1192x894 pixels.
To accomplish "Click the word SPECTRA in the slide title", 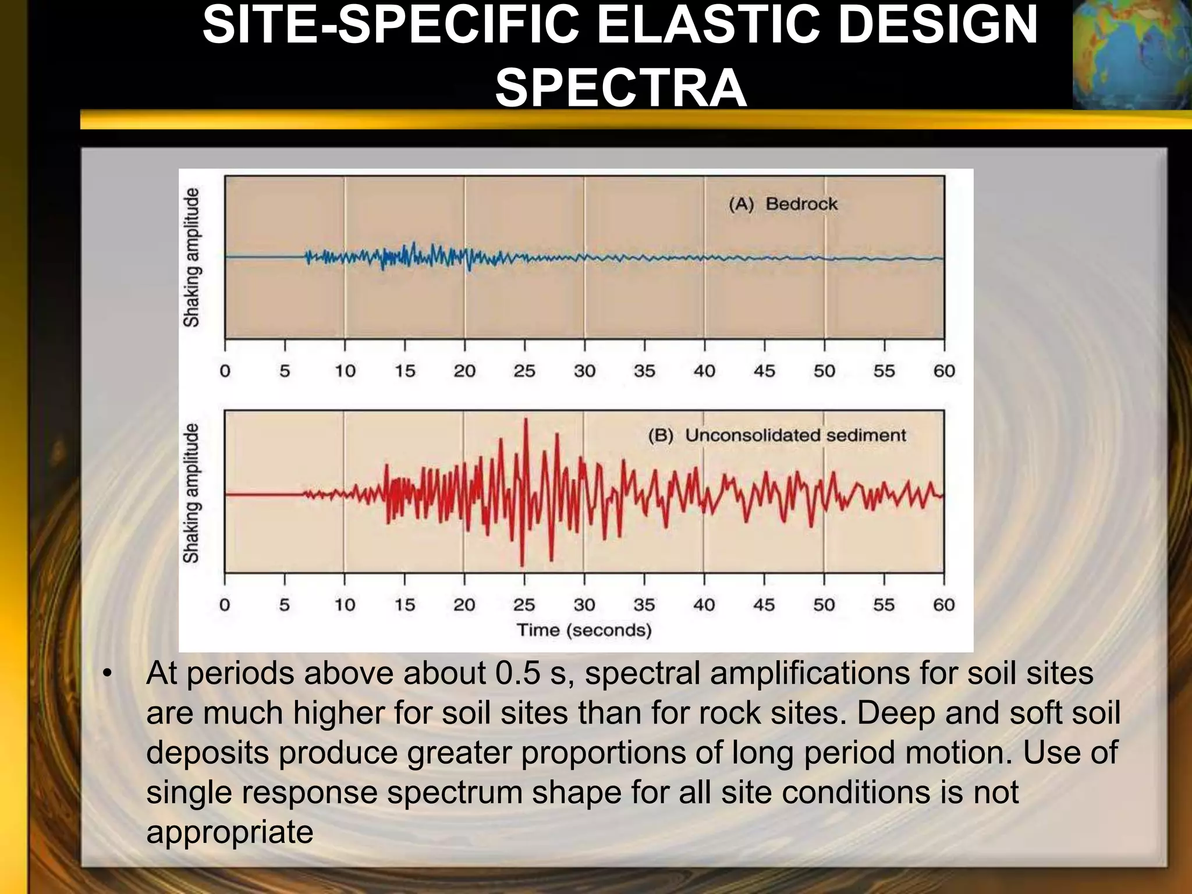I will click(x=620, y=88).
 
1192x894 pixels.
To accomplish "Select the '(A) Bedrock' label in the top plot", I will click(x=783, y=204).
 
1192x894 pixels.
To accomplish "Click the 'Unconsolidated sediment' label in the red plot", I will click(x=795, y=435).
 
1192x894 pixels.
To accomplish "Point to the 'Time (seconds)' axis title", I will click(x=584, y=630).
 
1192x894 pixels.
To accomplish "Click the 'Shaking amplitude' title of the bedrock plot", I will click(x=191, y=257).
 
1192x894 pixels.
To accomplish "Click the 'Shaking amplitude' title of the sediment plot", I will click(x=191, y=493).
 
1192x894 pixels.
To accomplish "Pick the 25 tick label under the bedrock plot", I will click(x=524, y=371).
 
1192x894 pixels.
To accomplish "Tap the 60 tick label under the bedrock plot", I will click(x=943, y=371).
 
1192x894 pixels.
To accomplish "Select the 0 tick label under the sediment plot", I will click(x=225, y=605).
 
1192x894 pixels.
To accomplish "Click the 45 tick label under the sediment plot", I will click(x=764, y=605).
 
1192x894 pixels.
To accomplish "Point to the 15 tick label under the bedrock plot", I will click(x=405, y=371).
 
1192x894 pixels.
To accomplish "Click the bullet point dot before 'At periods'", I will click(x=106, y=674).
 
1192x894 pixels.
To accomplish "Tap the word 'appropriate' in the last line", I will click(x=229, y=832).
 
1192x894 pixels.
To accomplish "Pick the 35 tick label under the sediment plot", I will click(x=644, y=605).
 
